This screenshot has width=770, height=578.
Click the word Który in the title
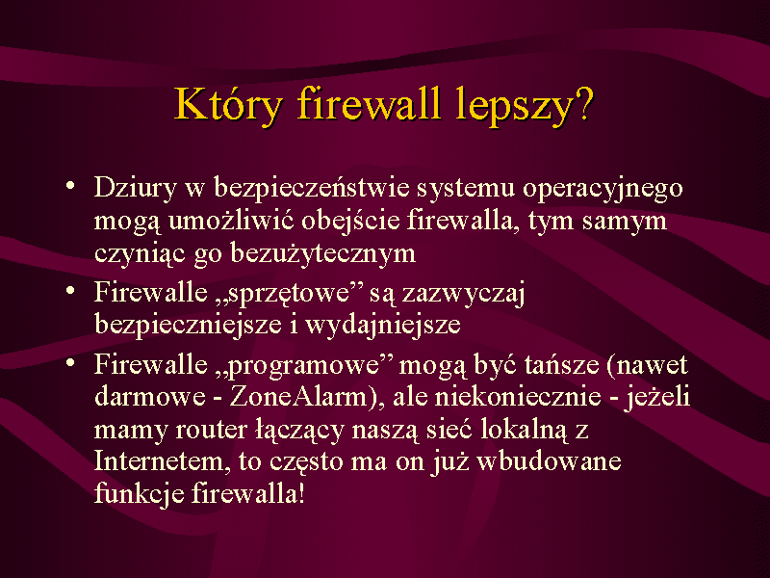point(229,105)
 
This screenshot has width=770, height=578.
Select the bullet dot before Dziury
point(70,186)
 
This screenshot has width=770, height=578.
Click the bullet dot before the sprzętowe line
point(70,291)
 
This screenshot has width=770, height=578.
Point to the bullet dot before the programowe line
point(70,363)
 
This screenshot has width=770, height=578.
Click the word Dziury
point(135,189)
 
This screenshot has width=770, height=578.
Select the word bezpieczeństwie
point(312,187)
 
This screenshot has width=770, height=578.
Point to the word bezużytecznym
point(323,254)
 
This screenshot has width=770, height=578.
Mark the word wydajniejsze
point(383,326)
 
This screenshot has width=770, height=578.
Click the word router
point(211,431)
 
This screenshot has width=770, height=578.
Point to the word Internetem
point(161,462)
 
